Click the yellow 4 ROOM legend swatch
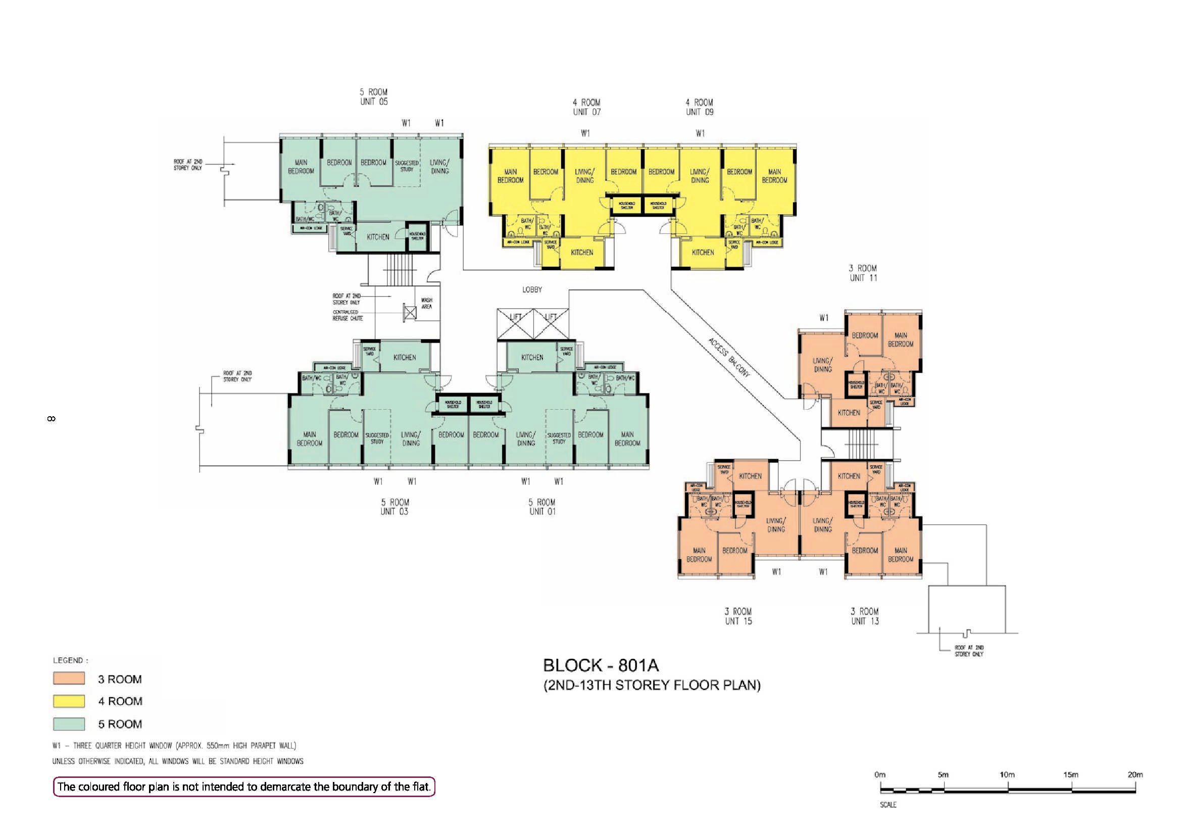click(x=69, y=701)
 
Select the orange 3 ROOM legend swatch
click(x=69, y=678)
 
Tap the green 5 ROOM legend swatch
click(x=69, y=724)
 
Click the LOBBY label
click(x=532, y=290)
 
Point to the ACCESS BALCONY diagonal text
click(x=729, y=357)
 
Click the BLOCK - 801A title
click(x=601, y=665)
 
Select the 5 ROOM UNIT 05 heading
click(x=373, y=97)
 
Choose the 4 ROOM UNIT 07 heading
click(x=586, y=107)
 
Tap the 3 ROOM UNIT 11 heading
click(x=863, y=273)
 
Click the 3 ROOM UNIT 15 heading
click(x=738, y=616)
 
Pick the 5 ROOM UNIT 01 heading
click(x=542, y=507)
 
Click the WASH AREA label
click(x=426, y=303)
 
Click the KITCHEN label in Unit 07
click(x=582, y=252)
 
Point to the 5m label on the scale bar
click(x=943, y=775)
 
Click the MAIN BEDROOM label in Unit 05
click(x=301, y=167)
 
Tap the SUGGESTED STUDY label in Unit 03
click(x=377, y=438)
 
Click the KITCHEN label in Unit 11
click(x=848, y=413)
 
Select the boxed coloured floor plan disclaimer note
click(x=244, y=787)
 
